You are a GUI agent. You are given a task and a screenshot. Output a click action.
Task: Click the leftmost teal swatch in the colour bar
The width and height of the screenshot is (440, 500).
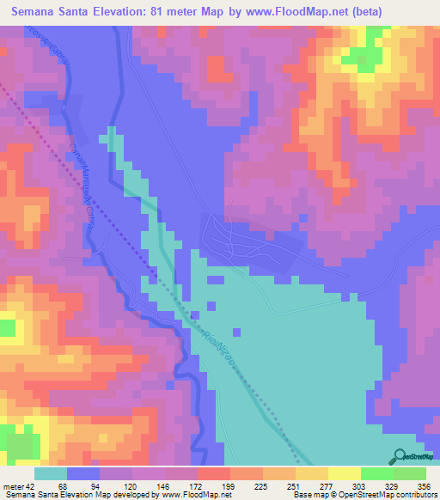pos(51,473)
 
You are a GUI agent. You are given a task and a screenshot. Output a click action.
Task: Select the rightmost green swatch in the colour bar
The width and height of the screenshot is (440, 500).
pos(410,473)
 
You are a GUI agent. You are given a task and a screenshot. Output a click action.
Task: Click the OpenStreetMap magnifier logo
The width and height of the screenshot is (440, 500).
pos(399,455)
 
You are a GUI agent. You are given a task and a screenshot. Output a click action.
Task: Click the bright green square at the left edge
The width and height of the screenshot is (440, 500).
pos(7,327)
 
